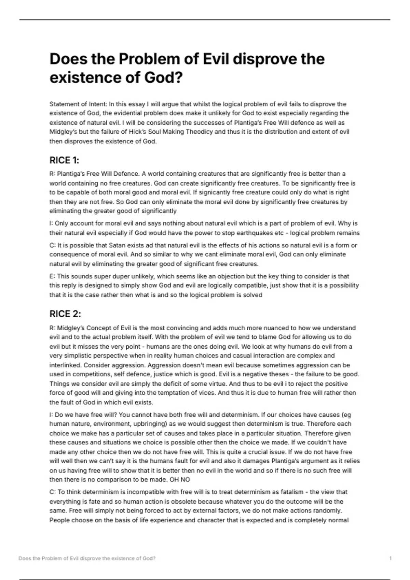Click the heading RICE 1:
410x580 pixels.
pyautogui.click(x=64, y=160)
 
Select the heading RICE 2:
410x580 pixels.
pyautogui.click(x=65, y=314)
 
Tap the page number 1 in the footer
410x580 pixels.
pyautogui.click(x=390, y=559)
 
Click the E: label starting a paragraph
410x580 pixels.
pyautogui.click(x=52, y=276)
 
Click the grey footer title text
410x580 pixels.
pyautogui.click(x=87, y=559)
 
